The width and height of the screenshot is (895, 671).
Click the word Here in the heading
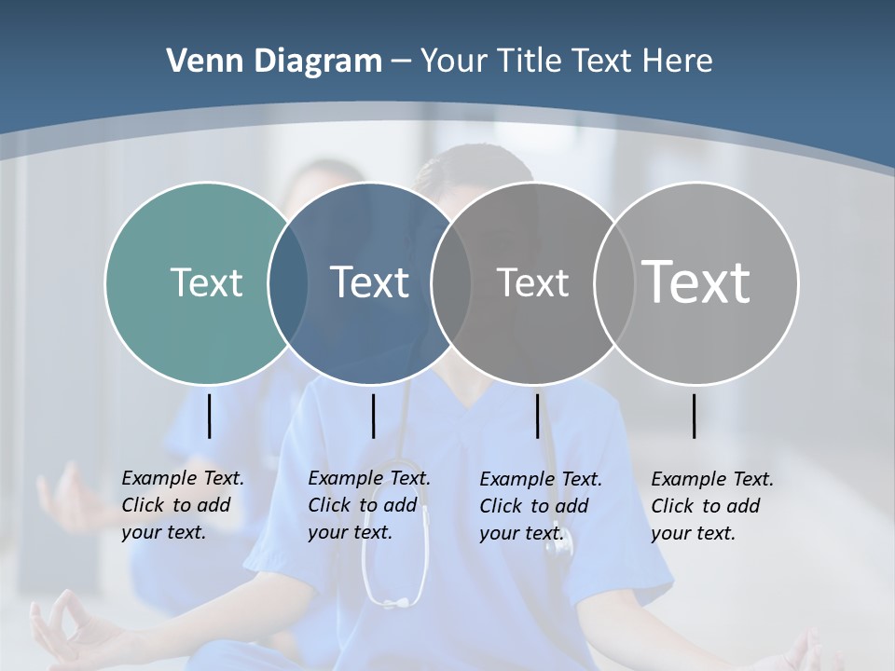[678, 61]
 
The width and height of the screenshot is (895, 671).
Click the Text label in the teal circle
[206, 282]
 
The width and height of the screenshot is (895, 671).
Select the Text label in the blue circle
[370, 282]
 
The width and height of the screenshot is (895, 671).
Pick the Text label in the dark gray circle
[532, 282]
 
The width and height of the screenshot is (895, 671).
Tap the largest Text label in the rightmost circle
[696, 282]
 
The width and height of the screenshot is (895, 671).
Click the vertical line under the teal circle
[209, 416]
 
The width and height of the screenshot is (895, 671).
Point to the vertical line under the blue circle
[373, 416]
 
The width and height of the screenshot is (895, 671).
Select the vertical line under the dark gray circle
[537, 416]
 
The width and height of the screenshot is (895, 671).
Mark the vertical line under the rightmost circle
[694, 416]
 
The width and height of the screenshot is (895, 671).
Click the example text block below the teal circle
[182, 505]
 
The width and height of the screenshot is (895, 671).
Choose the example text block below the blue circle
[368, 505]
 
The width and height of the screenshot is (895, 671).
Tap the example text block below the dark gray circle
[540, 506]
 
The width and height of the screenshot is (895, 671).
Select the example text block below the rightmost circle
[711, 506]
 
